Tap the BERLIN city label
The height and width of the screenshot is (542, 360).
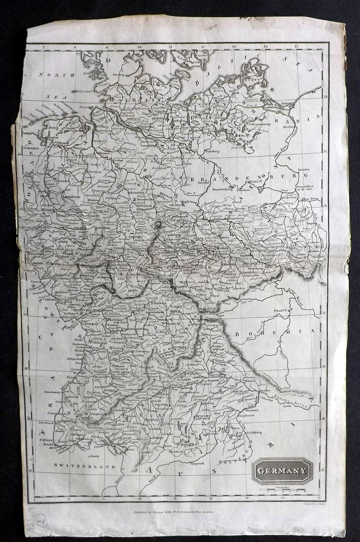click(x=257, y=181)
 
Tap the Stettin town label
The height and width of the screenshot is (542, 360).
click(x=288, y=127)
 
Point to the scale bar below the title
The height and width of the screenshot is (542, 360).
click(x=283, y=491)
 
